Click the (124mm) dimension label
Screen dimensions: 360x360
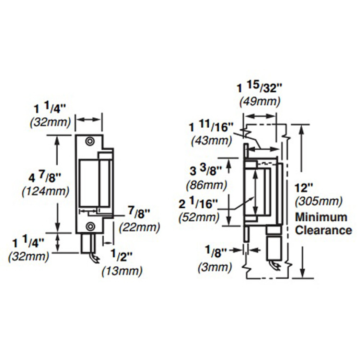tap(45, 192)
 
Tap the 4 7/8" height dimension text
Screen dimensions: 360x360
tap(45, 178)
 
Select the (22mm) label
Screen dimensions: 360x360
tap(139, 227)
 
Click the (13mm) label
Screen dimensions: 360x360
tap(122, 271)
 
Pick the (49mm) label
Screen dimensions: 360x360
tap(260, 101)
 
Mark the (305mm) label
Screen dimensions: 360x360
tap(319, 201)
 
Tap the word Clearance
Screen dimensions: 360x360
tap(323, 230)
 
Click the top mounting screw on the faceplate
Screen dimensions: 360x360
tap(90, 142)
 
